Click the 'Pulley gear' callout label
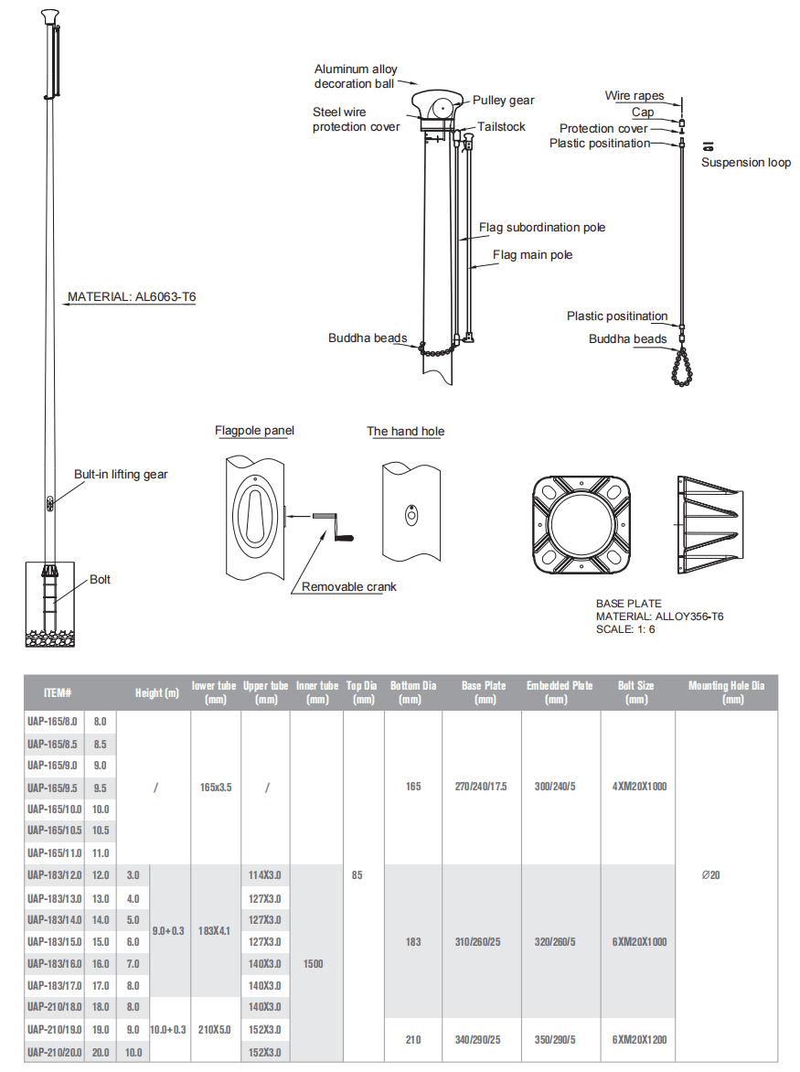tap(503, 100)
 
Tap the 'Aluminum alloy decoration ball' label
tap(355, 76)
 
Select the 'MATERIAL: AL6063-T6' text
tap(132, 297)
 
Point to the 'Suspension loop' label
tap(745, 162)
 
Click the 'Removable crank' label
tap(349, 586)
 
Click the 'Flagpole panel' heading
tap(254, 430)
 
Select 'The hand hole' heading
tap(405, 431)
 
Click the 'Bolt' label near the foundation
tap(100, 579)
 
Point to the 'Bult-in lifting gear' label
tap(121, 474)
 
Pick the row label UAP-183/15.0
tap(54, 941)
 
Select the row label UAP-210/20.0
tap(54, 1052)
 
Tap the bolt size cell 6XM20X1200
tap(637, 1040)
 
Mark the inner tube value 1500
tap(312, 963)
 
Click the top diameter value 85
tap(357, 875)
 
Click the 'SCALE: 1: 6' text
tap(625, 629)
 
